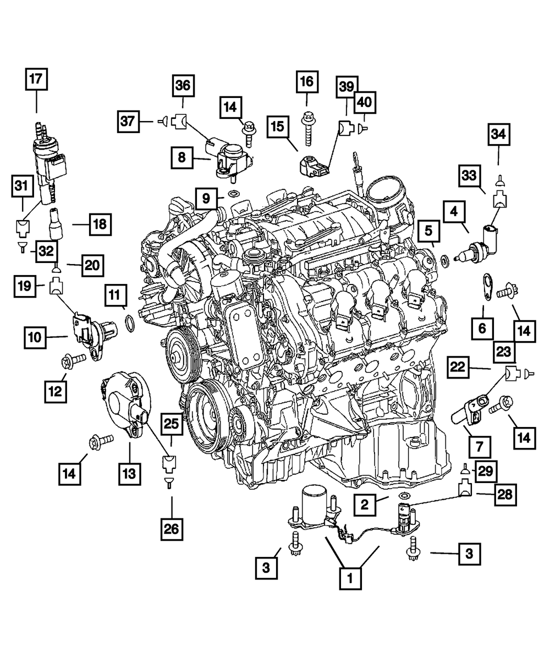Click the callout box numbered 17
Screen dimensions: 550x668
[x=36, y=79]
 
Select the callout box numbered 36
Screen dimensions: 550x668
[x=182, y=86]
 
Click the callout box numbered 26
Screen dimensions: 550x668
[x=171, y=529]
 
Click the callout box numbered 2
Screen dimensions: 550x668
[x=365, y=503]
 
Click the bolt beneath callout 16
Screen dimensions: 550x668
[x=307, y=125]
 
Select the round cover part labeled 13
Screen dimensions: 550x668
[x=124, y=401]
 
